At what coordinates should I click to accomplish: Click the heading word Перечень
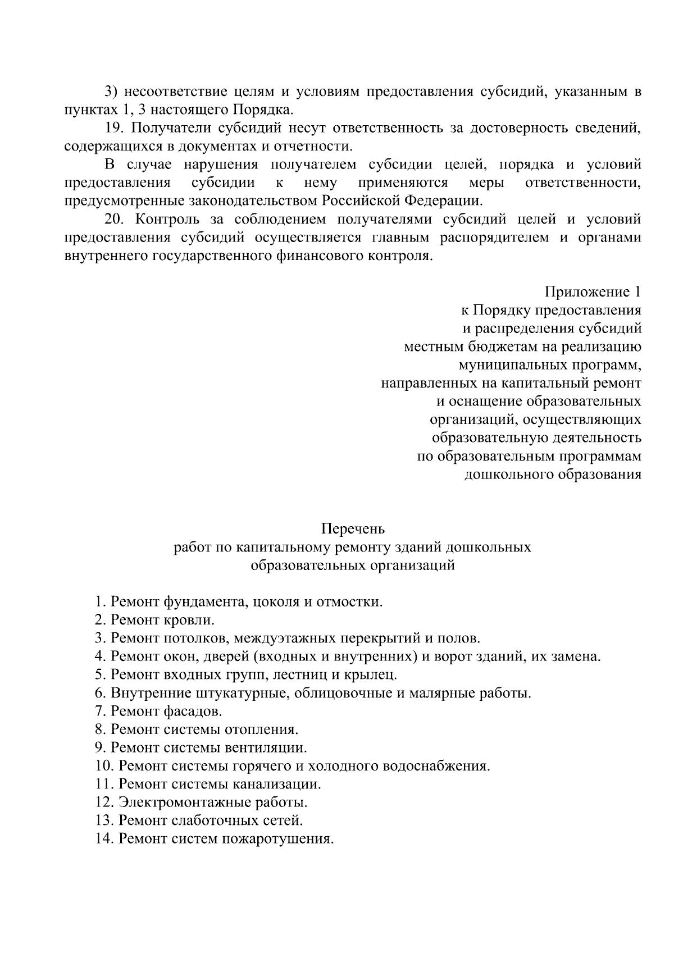(353, 528)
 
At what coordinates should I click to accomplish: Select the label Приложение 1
(593, 292)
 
